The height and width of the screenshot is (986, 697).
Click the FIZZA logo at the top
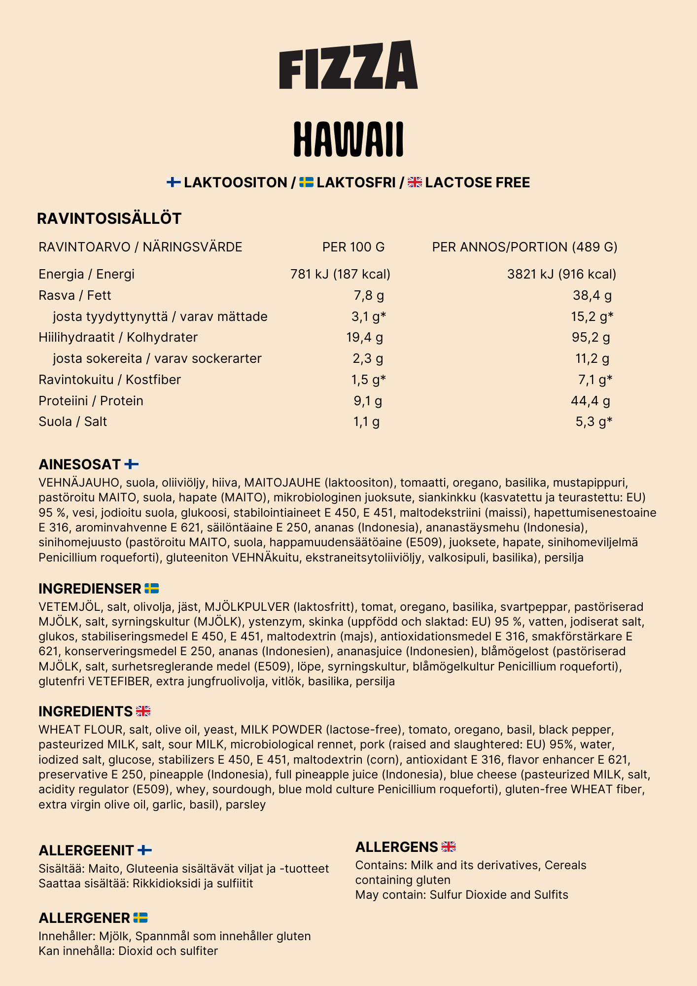pyautogui.click(x=348, y=65)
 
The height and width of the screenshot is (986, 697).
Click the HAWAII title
pyautogui.click(x=348, y=139)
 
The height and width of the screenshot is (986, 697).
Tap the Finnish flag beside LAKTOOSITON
pyautogui.click(x=174, y=182)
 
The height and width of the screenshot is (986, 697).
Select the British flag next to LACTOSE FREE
pyautogui.click(x=415, y=182)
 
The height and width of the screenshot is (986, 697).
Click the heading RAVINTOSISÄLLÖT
pyautogui.click(x=109, y=218)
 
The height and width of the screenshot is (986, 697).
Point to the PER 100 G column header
pyautogui.click(x=353, y=247)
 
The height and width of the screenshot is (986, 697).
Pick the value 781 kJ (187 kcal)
pyautogui.click(x=340, y=274)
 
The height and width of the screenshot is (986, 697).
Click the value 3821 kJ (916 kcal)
pyautogui.click(x=561, y=274)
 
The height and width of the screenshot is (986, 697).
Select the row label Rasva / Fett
pyautogui.click(x=75, y=295)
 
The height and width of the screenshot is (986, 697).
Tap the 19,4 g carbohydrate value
pyautogui.click(x=365, y=337)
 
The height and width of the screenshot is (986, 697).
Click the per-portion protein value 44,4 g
pyautogui.click(x=591, y=401)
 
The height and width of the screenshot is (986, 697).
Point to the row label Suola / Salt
pyautogui.click(x=73, y=422)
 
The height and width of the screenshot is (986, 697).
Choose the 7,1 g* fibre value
pyautogui.click(x=595, y=380)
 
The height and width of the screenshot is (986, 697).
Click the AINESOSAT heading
pyautogui.click(x=80, y=464)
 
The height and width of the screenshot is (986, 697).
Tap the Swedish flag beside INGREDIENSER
pyautogui.click(x=152, y=589)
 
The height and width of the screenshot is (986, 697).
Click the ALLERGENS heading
pyautogui.click(x=397, y=847)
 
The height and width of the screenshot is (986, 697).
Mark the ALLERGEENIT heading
pyautogui.click(x=86, y=850)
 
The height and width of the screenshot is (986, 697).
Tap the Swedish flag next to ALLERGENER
pyautogui.click(x=140, y=918)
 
